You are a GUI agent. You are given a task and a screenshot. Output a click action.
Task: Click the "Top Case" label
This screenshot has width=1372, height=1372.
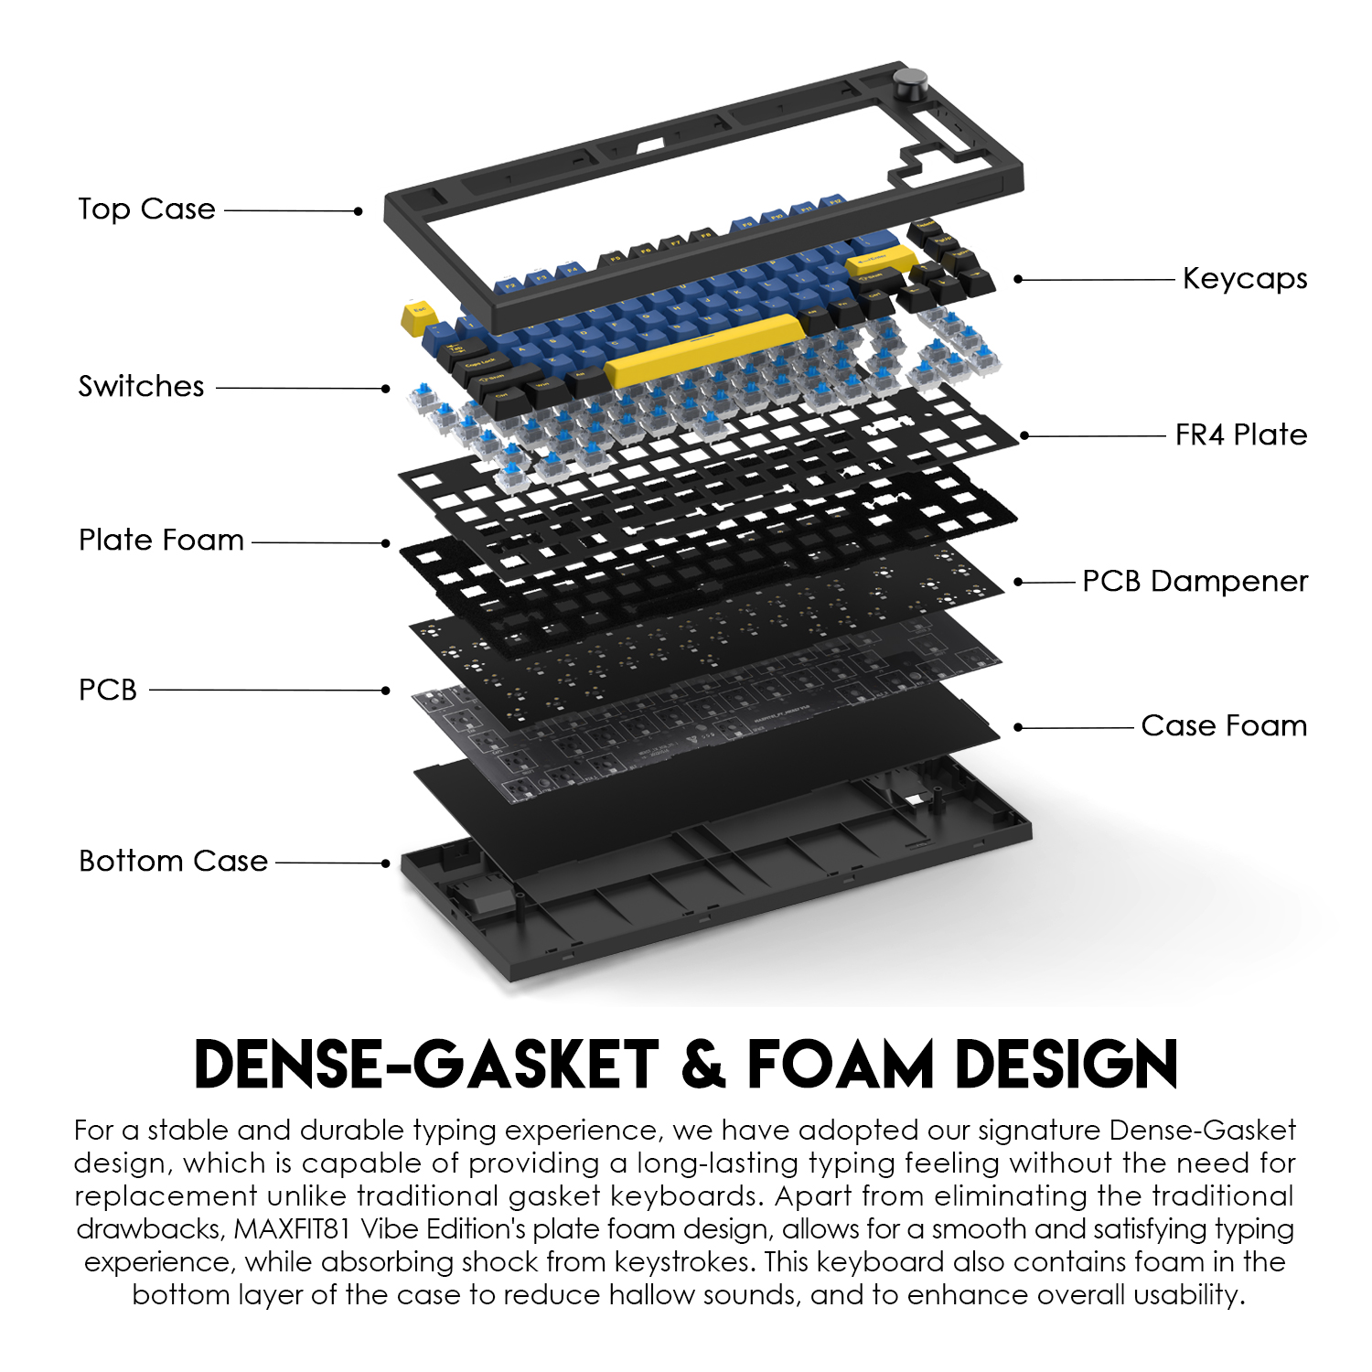(x=146, y=209)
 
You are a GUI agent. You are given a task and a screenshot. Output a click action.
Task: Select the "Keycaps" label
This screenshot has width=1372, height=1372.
(x=1244, y=278)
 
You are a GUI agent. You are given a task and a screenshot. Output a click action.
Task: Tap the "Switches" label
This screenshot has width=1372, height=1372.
(x=141, y=386)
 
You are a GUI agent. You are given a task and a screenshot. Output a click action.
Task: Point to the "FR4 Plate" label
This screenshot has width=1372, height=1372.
(x=1240, y=434)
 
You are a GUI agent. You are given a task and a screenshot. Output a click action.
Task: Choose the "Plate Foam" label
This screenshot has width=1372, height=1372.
(x=161, y=540)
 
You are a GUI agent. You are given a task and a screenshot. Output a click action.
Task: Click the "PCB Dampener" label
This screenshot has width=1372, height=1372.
(x=1195, y=581)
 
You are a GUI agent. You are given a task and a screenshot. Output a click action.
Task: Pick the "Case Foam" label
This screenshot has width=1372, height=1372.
(x=1224, y=725)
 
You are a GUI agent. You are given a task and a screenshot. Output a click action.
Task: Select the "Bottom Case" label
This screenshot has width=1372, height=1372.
(x=173, y=861)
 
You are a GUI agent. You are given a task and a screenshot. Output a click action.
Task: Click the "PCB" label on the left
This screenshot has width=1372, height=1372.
(x=108, y=690)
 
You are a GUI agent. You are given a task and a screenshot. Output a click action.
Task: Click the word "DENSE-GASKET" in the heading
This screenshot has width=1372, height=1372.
(x=426, y=1065)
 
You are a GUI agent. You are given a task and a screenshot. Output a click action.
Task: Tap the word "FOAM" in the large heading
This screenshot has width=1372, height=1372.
(x=841, y=1065)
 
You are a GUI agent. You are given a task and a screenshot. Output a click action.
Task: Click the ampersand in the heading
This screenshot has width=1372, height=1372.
(x=703, y=1065)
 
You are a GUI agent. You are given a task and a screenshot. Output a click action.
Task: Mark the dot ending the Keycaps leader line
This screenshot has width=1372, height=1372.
(x=1018, y=279)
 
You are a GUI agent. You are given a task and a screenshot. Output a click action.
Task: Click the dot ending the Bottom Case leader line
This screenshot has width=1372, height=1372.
(x=386, y=863)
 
